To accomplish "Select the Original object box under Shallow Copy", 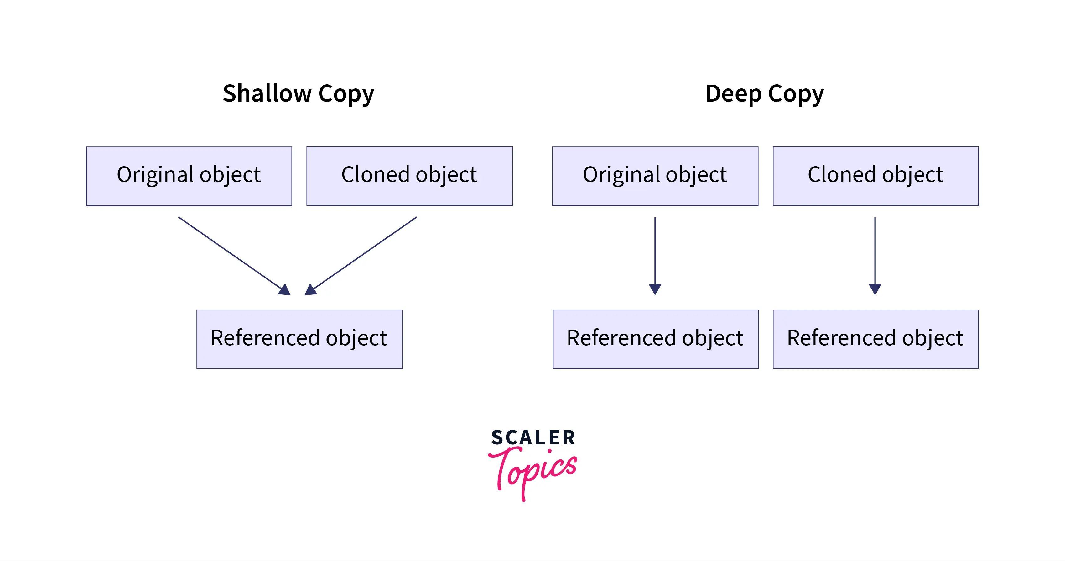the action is (x=189, y=176).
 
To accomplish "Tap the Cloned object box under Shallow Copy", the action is (x=409, y=176).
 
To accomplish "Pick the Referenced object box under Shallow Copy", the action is (x=299, y=339).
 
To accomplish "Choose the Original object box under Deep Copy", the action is (x=655, y=176).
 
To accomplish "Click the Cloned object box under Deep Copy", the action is (x=875, y=176).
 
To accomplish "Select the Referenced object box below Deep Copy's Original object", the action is (x=656, y=339).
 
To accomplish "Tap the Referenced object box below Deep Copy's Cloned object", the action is (x=875, y=339).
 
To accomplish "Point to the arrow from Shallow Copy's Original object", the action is (x=234, y=256).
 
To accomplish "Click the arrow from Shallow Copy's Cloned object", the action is (x=361, y=256).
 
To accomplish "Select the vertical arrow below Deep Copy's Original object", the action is (x=655, y=256).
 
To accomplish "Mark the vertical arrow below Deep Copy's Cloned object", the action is (x=875, y=256).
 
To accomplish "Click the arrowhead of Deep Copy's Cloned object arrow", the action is (x=875, y=289).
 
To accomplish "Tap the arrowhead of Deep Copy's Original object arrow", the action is (x=655, y=289).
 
